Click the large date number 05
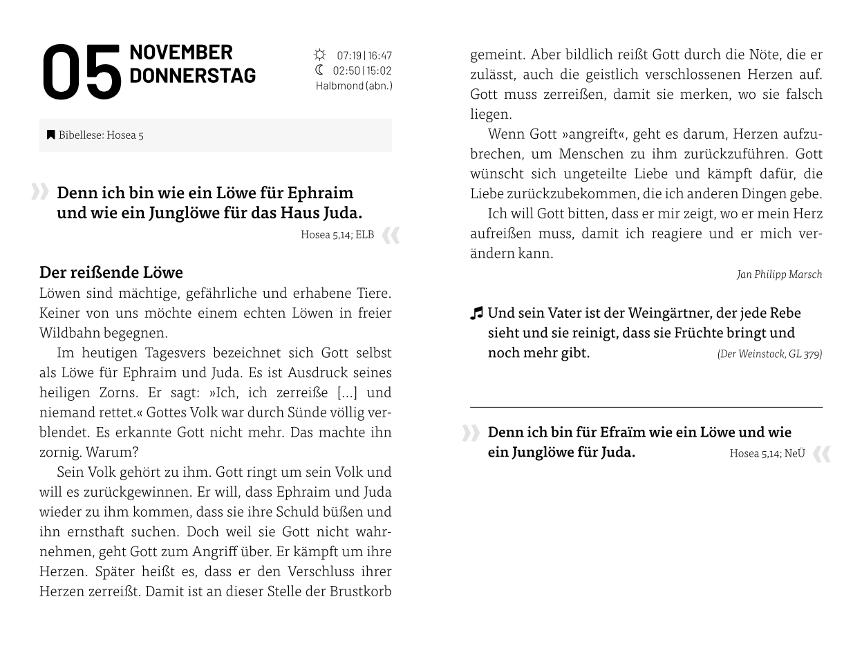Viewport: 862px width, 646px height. coord(82,73)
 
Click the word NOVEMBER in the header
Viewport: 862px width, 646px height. coord(181,53)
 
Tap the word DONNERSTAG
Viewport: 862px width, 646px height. coord(192,75)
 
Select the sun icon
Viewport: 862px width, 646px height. coord(319,55)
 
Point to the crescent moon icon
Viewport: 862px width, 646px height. coord(319,70)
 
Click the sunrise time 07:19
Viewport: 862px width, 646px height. coord(349,55)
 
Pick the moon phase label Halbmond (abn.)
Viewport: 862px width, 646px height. coord(354,86)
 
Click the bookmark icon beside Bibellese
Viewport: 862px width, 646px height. coord(50,135)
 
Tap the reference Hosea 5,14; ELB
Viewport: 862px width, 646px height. coord(337,235)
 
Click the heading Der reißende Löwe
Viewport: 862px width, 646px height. coord(111,272)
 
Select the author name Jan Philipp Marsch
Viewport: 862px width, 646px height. coord(779,274)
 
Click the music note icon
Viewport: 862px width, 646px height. coord(476,314)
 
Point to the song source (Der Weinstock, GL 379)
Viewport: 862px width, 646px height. coord(769,354)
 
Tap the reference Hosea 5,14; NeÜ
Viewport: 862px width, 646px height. coord(767,453)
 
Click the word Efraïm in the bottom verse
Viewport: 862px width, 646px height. coord(624,433)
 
